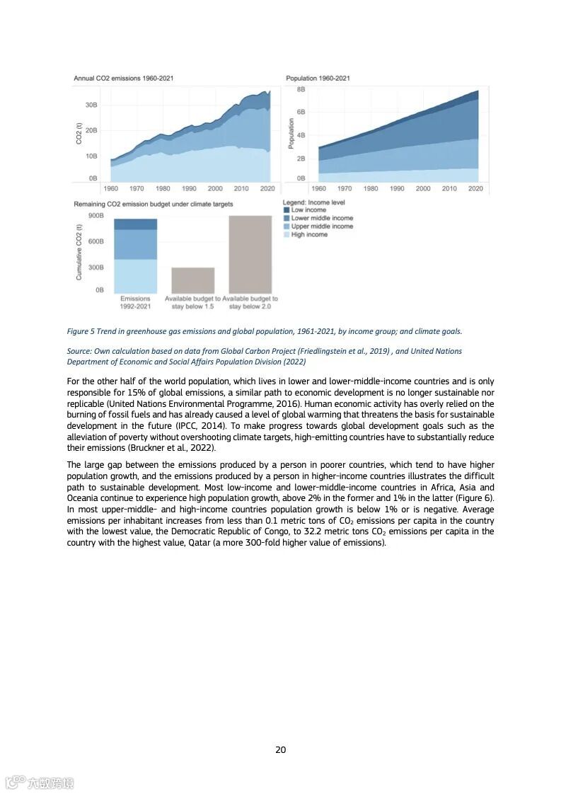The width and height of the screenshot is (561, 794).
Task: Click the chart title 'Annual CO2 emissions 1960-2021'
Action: click(x=124, y=78)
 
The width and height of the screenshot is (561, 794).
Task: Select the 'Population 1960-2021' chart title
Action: click(x=318, y=78)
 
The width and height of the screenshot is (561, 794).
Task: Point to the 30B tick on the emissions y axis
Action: click(x=91, y=105)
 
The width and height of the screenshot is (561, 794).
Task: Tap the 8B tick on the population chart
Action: click(x=301, y=90)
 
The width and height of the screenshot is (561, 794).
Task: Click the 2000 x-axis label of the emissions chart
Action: click(x=215, y=189)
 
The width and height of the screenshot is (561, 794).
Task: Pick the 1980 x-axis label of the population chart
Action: click(x=371, y=189)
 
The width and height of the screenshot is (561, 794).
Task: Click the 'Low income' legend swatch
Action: click(x=287, y=210)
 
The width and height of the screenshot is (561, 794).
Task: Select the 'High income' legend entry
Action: click(x=309, y=234)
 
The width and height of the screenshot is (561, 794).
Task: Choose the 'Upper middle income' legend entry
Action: click(x=322, y=226)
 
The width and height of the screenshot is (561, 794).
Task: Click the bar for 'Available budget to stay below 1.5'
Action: click(x=193, y=280)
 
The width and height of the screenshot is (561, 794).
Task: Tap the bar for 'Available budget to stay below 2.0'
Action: click(x=250, y=255)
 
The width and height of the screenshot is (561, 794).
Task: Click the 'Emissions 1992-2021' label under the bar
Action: click(x=135, y=302)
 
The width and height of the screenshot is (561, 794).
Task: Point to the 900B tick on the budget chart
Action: click(x=96, y=215)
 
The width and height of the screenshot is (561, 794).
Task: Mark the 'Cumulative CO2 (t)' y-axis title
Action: click(x=79, y=252)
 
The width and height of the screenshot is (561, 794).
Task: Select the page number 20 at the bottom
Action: click(x=280, y=750)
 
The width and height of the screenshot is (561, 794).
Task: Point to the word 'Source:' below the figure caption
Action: click(x=81, y=351)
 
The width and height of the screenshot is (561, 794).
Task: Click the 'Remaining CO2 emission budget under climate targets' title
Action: click(x=153, y=204)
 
